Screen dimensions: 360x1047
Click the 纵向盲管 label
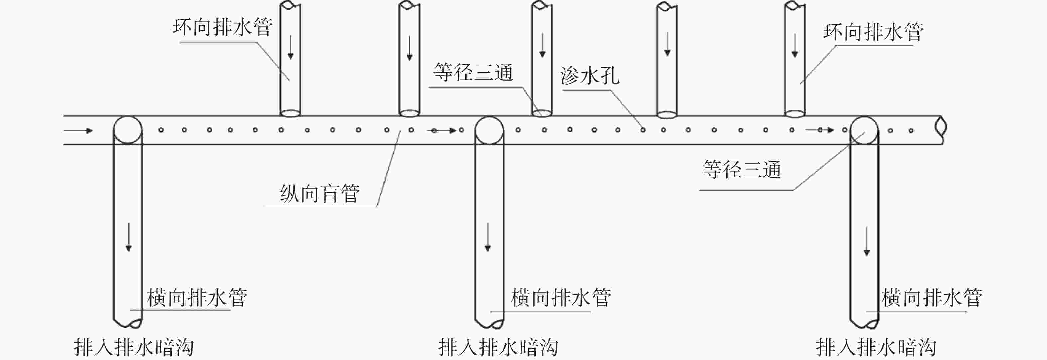tap(320, 193)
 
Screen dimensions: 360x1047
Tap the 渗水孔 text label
tap(589, 76)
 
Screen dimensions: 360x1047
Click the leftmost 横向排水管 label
tap(197, 298)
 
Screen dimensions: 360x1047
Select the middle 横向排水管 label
tap(560, 298)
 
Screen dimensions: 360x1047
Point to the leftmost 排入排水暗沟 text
tap(134, 348)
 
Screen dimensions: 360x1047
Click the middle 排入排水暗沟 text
tap(498, 348)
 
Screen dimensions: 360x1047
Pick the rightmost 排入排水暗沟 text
tap(876, 348)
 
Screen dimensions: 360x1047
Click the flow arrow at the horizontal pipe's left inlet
tap(78, 131)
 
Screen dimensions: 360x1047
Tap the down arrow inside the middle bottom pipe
tap(488, 237)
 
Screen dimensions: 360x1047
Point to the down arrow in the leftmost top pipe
tap(291, 48)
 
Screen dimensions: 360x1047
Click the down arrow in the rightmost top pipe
tap(795, 45)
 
